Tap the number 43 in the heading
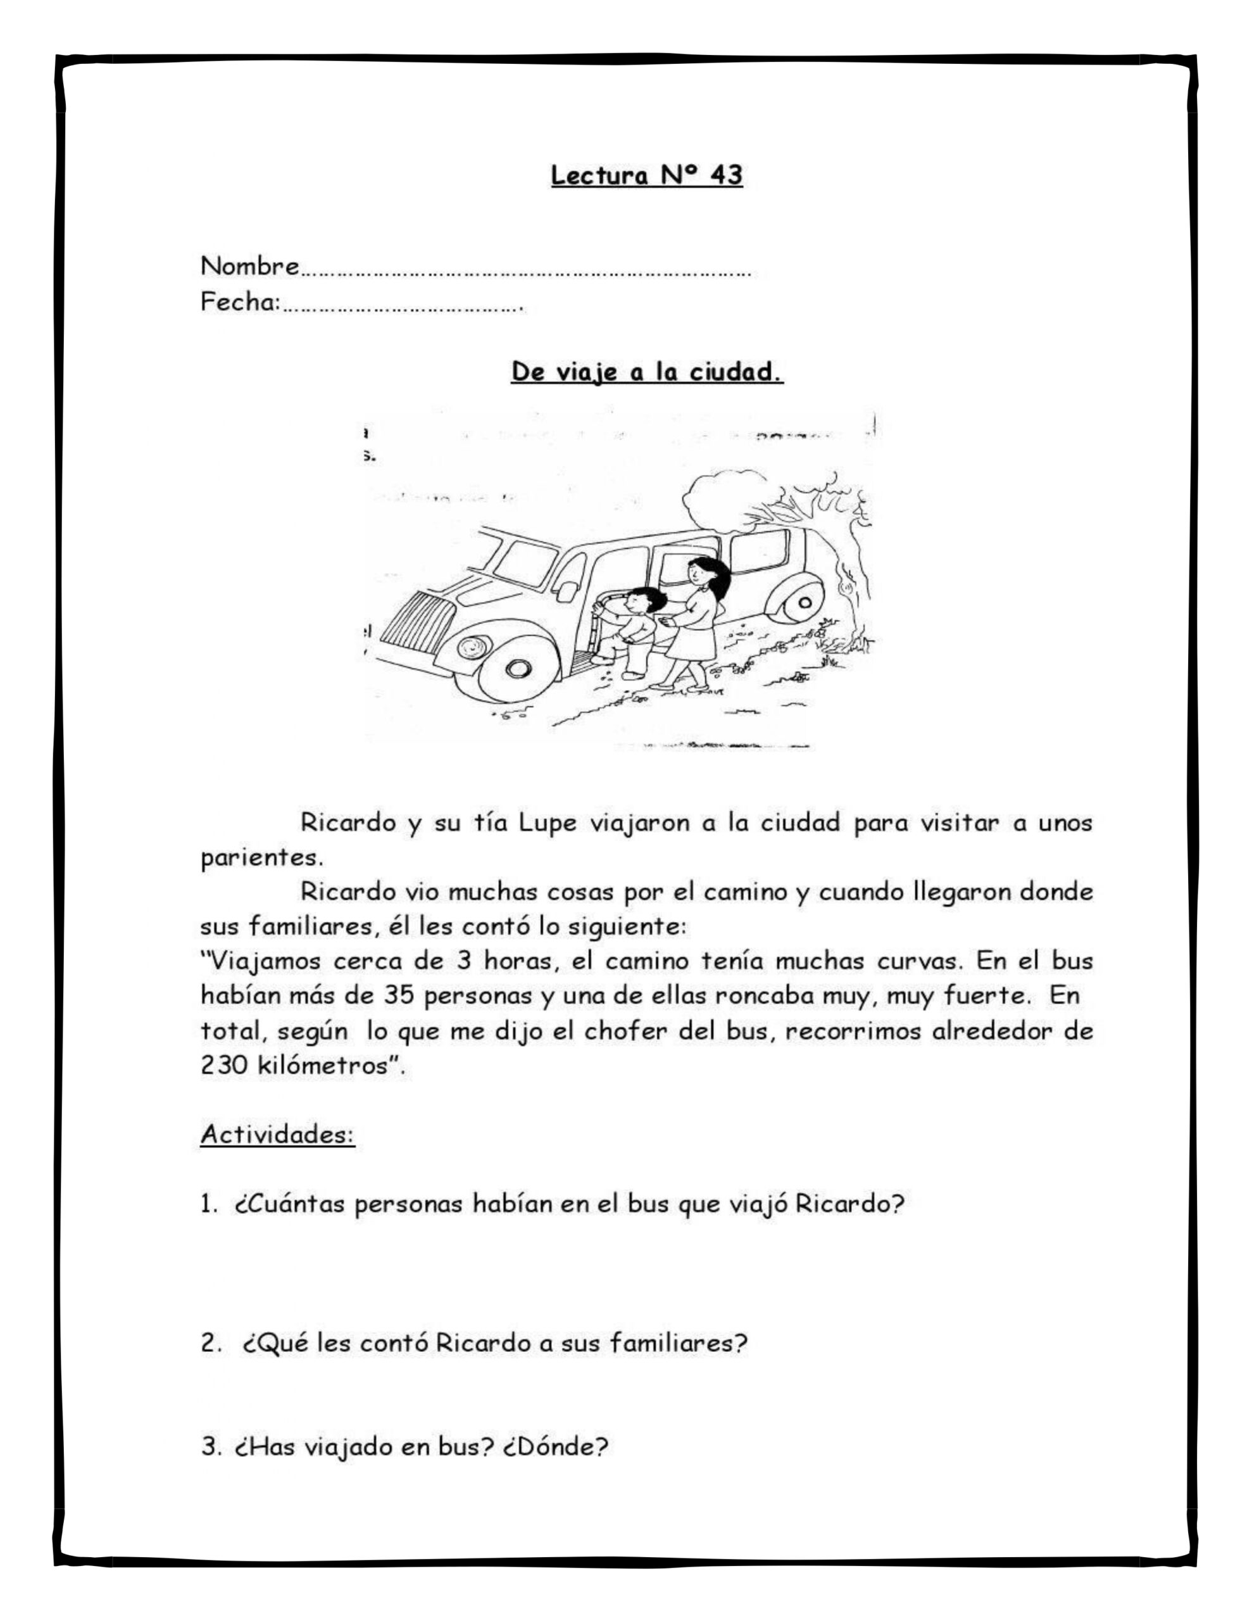point(725,176)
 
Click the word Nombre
point(250,266)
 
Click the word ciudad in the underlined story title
point(736,372)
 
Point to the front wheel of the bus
point(517,668)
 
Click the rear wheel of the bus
point(804,603)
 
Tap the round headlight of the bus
point(470,648)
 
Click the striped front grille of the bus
point(417,626)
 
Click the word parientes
point(261,858)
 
